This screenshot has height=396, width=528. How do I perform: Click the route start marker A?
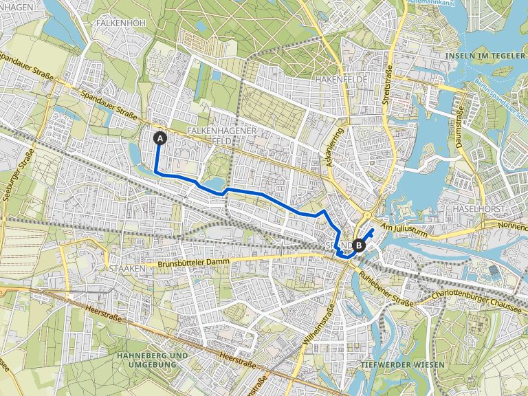click(x=160, y=138)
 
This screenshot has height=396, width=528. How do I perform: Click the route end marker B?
click(x=359, y=243)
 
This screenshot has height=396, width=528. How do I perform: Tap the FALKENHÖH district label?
click(x=121, y=23)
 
